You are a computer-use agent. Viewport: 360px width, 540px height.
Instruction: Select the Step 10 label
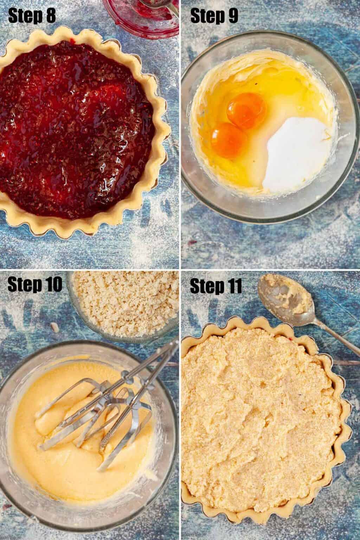(x=35, y=285)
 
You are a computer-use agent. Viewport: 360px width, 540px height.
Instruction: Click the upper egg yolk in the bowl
(x=246, y=111)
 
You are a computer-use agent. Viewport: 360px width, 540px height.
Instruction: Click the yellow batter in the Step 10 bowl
(x=79, y=431)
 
